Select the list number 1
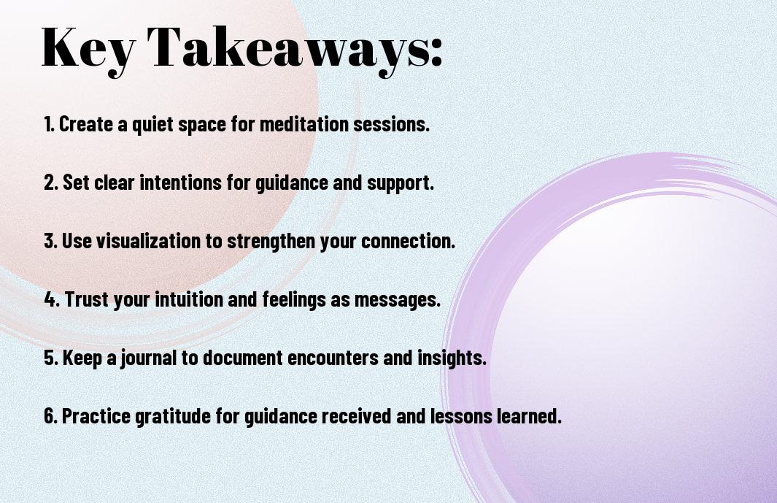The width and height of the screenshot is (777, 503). click(x=49, y=124)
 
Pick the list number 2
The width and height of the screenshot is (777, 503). click(x=50, y=183)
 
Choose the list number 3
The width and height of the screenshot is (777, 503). click(x=50, y=241)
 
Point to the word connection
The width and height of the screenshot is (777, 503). click(x=407, y=241)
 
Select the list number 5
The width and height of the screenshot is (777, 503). click(x=51, y=358)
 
